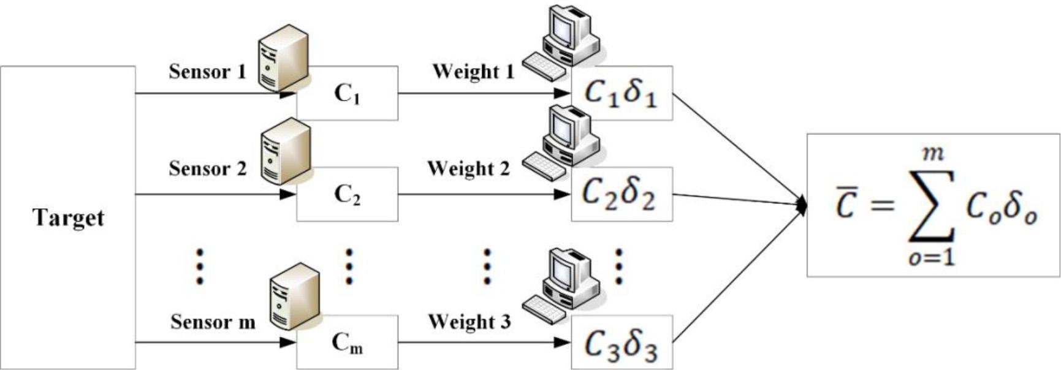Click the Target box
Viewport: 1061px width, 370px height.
(x=67, y=217)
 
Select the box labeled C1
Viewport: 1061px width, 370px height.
(x=347, y=94)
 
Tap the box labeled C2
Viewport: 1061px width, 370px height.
(x=347, y=194)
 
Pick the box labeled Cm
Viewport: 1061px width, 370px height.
(x=347, y=343)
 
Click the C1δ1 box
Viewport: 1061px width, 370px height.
(x=621, y=94)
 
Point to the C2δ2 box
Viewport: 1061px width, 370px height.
(x=621, y=194)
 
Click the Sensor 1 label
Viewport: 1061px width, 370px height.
(x=207, y=72)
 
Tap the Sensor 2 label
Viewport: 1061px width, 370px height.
(x=207, y=168)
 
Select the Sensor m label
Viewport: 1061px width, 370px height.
(x=212, y=322)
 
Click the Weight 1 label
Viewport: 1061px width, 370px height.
(x=473, y=72)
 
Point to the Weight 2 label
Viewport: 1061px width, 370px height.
(x=468, y=168)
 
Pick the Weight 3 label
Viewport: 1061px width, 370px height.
(x=469, y=322)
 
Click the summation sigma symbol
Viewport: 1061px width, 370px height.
(x=932, y=206)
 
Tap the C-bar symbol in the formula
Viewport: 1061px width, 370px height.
(x=846, y=206)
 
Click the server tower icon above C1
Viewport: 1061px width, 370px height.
(x=283, y=58)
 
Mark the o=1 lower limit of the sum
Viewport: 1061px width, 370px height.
(x=932, y=257)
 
